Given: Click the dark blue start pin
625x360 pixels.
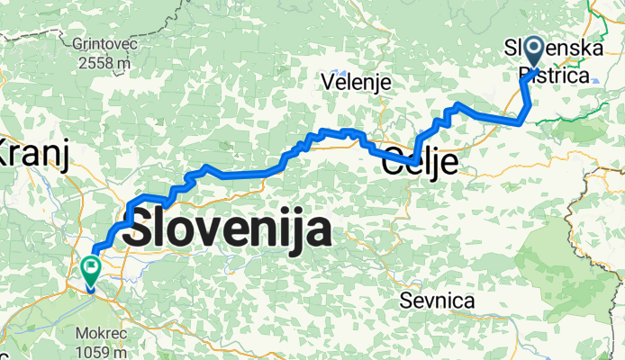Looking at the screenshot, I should click(532, 50).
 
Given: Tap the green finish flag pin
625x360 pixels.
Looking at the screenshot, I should click(91, 268).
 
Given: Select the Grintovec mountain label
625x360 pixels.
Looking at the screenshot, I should click(105, 42).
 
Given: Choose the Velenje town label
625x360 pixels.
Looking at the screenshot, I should click(357, 82).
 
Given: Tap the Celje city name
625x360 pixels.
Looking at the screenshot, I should click(421, 165).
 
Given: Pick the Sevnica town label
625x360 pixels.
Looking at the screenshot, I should click(439, 301).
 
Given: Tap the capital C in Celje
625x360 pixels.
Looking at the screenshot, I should click(394, 165).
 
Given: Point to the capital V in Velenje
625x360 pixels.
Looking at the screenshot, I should click(328, 82).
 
